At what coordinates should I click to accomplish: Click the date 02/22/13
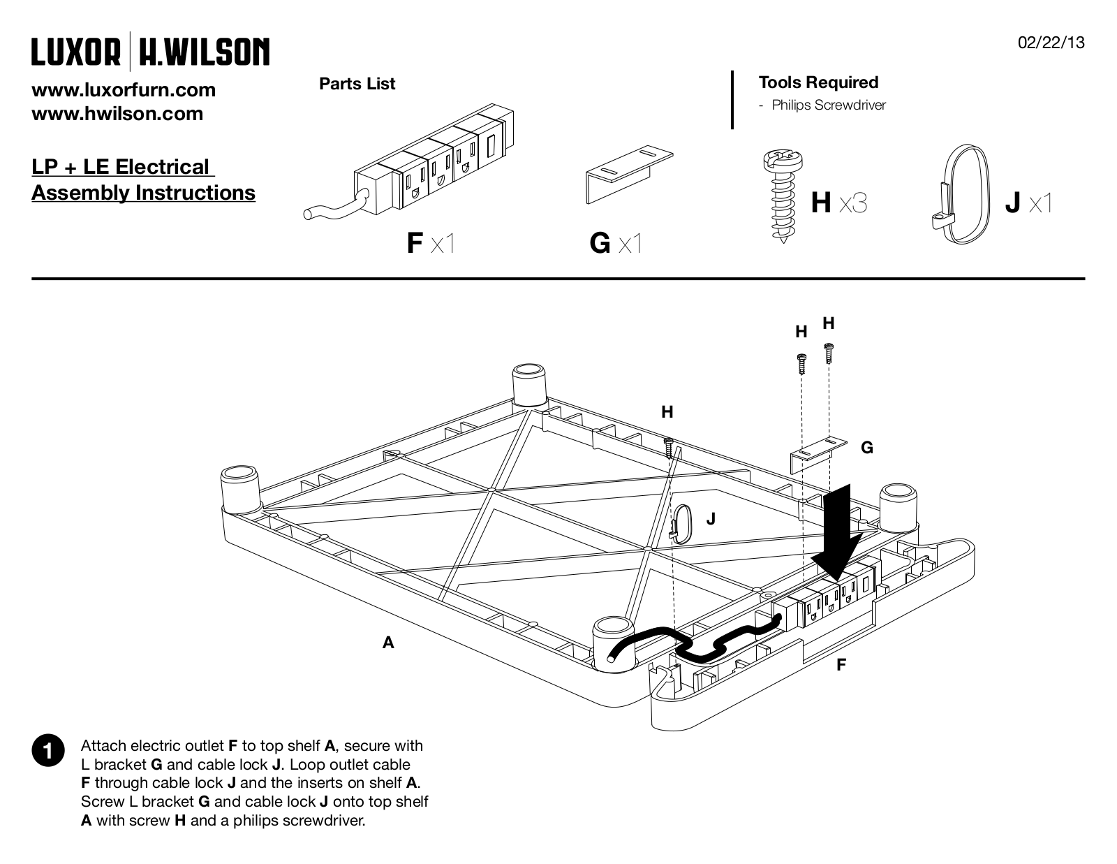coord(1051,43)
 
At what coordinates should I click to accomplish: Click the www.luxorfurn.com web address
coord(124,90)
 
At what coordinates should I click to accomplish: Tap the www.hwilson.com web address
coord(117,114)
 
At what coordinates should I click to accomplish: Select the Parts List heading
coord(357,83)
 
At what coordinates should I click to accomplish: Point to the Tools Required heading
coord(818,82)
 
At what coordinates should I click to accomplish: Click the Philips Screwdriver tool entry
coord(829,105)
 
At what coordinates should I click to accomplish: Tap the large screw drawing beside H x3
coord(783,196)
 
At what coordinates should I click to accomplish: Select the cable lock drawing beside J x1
coord(960,194)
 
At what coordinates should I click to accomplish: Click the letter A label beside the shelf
coord(388,643)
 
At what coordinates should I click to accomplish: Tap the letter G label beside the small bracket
coord(866,448)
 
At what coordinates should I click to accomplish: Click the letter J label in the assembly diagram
coord(711,519)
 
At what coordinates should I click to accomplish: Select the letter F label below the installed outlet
coord(841,665)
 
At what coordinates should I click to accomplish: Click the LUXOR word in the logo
coord(76,52)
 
